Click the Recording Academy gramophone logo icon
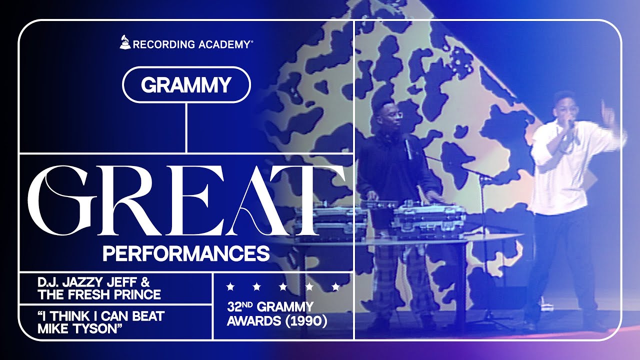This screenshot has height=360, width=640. click(x=125, y=42)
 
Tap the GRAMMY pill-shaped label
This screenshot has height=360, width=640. click(x=186, y=85)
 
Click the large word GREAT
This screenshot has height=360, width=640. click(x=186, y=201)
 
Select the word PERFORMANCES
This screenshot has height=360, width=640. click(x=186, y=253)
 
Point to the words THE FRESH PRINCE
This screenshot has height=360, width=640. click(x=99, y=294)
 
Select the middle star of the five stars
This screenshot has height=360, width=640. click(x=283, y=287)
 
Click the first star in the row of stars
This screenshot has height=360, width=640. click(x=230, y=287)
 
